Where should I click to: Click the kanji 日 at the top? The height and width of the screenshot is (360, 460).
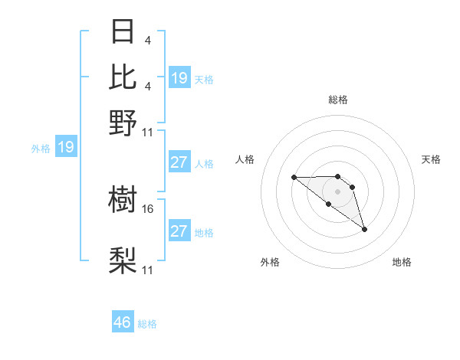(123, 33)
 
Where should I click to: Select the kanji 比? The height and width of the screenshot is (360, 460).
(123, 77)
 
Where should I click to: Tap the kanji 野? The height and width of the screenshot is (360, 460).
(123, 123)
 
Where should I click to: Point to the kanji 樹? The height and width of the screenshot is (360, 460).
(123, 201)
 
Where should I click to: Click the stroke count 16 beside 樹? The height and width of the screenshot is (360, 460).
(148, 208)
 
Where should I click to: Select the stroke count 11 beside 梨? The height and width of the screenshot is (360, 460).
(148, 270)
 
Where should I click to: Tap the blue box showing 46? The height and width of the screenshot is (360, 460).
(123, 322)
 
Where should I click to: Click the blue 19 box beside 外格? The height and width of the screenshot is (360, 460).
(66, 147)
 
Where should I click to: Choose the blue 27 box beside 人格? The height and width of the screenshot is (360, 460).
(179, 162)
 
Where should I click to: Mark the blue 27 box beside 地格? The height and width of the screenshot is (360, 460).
(179, 231)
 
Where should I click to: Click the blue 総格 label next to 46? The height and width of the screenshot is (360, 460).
(147, 324)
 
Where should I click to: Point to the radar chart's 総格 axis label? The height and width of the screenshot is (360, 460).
(338, 100)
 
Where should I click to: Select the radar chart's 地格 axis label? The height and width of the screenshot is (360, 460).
(402, 262)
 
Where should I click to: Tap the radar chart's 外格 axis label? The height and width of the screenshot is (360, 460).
(270, 262)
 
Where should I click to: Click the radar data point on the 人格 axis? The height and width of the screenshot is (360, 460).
(294, 178)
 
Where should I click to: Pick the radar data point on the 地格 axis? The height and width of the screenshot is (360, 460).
(364, 229)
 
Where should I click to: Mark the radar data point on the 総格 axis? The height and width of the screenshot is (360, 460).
(338, 173)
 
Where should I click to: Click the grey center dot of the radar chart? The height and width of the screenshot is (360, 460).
(338, 191)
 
